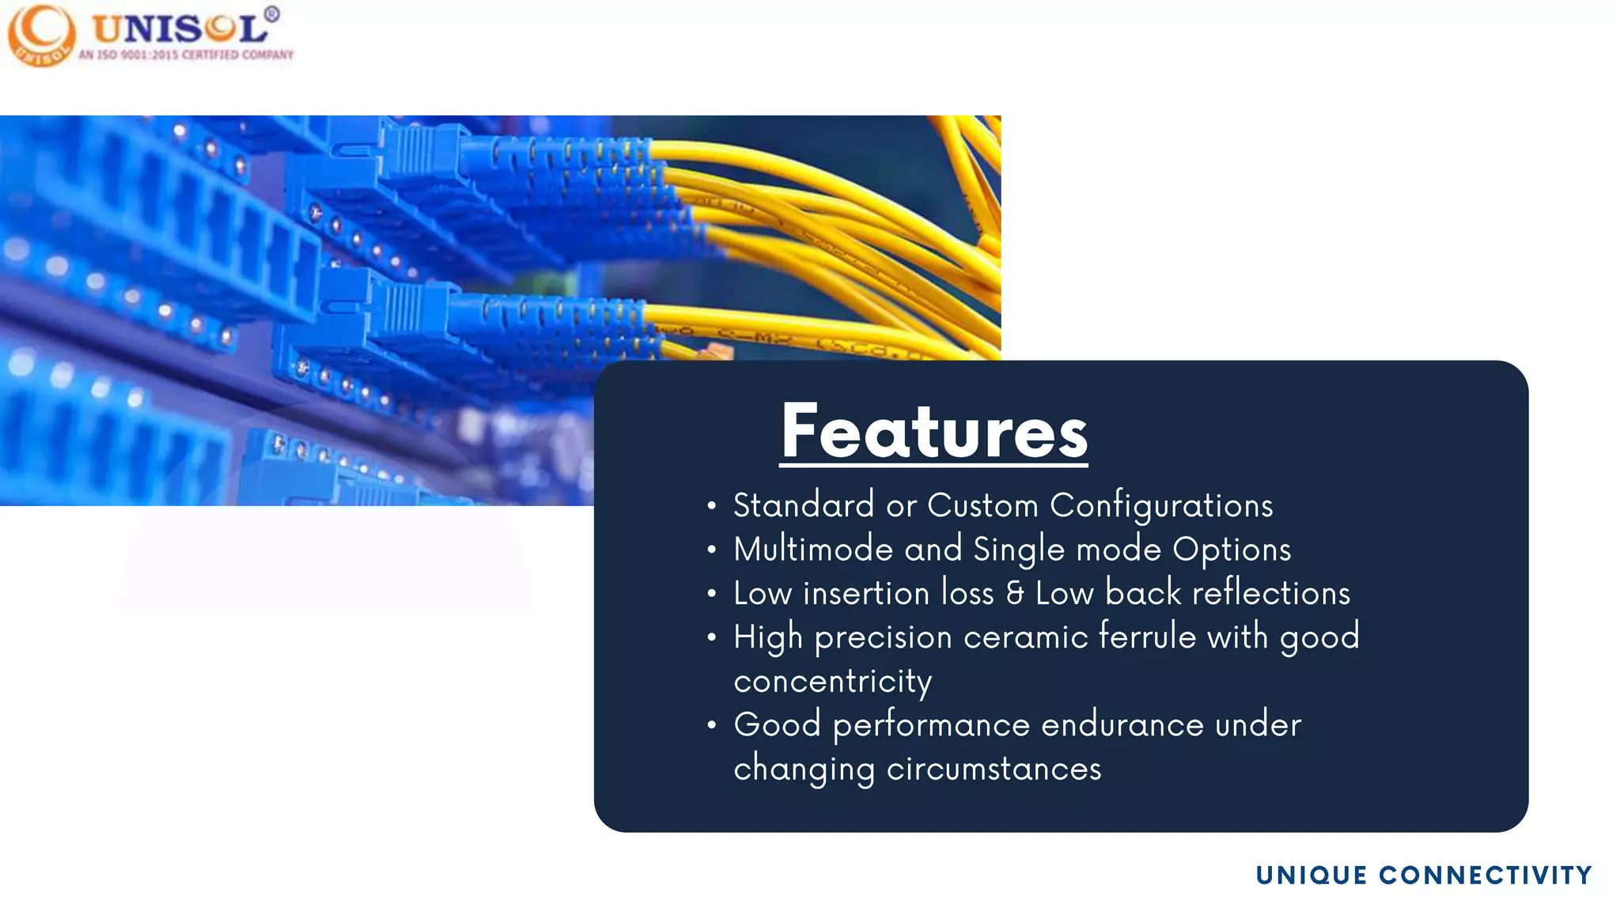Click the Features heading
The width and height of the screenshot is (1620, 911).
[933, 432]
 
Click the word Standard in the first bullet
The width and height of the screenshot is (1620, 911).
[803, 506]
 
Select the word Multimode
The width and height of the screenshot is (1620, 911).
[812, 550]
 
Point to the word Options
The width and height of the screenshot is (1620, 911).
[1231, 550]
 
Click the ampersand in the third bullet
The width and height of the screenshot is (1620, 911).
[1015, 594]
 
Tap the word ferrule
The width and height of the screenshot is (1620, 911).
[1147, 637]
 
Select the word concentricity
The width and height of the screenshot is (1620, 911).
[832, 682]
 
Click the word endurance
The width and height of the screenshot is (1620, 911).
[1122, 725]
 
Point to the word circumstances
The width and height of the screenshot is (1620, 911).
[994, 769]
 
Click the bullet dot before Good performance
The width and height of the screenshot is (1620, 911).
[712, 725]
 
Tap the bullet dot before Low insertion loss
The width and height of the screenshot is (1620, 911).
[712, 594]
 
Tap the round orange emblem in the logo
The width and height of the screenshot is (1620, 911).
[41, 36]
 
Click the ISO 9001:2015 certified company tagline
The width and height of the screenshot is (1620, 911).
[186, 55]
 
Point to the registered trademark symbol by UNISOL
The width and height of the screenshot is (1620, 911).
[271, 13]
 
